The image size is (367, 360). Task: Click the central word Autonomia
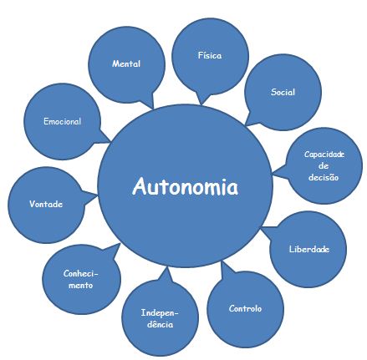(x=185, y=186)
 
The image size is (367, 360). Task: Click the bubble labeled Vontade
(x=46, y=204)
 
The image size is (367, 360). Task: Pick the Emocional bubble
(x=62, y=122)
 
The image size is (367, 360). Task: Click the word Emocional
(x=62, y=122)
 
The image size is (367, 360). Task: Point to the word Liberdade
(x=308, y=249)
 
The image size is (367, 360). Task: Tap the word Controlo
(x=245, y=308)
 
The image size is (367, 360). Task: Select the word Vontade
(x=46, y=204)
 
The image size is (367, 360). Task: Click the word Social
(x=283, y=92)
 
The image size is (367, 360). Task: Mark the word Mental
(x=126, y=63)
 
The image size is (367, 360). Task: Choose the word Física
(x=210, y=55)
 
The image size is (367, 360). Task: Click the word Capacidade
(x=324, y=154)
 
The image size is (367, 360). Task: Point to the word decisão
(x=324, y=176)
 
